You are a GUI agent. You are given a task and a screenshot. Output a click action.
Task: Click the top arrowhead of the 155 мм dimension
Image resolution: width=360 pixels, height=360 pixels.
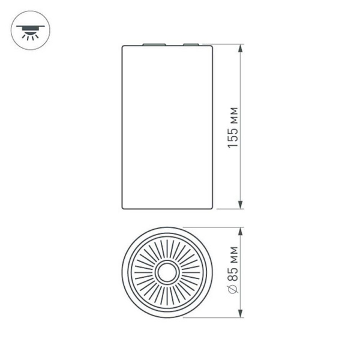tap(241, 47)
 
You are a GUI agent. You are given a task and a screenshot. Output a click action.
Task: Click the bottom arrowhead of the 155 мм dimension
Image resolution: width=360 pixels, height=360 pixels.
tap(241, 205)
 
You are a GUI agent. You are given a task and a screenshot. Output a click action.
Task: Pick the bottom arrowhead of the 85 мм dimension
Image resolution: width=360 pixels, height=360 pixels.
tap(241, 315)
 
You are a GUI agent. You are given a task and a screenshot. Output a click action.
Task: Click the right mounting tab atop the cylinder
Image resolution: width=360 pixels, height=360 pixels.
tap(191, 44)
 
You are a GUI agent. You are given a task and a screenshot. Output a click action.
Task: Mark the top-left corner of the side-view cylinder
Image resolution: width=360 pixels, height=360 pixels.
tap(123, 46)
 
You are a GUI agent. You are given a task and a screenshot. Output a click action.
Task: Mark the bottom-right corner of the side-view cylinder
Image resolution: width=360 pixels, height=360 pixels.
tap(213, 208)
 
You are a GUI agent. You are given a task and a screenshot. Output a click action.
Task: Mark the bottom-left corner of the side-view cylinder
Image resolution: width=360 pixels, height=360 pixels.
tap(123, 208)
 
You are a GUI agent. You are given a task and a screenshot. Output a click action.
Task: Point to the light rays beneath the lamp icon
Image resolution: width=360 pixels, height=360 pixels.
tap(28, 35)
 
